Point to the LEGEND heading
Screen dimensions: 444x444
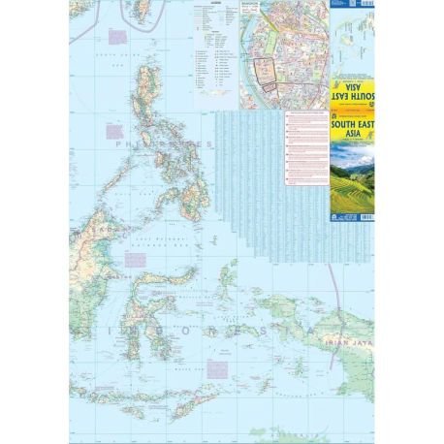coord(212,5)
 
